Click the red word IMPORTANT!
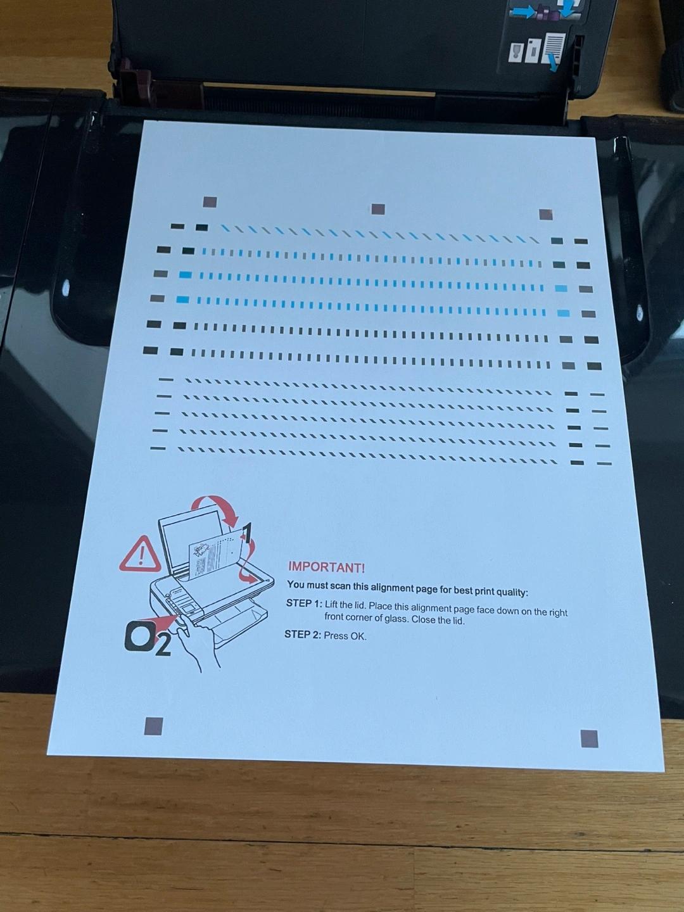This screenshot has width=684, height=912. pyautogui.click(x=326, y=567)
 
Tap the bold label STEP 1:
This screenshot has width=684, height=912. pyautogui.click(x=304, y=604)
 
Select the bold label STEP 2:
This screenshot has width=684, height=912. pyautogui.click(x=302, y=635)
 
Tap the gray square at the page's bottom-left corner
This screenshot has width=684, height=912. pyautogui.click(x=154, y=725)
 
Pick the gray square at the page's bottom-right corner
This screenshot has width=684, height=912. pyautogui.click(x=589, y=738)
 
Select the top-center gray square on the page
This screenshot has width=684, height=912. pyautogui.click(x=378, y=209)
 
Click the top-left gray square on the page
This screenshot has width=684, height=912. pyautogui.click(x=210, y=202)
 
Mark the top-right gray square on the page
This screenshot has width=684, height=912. pyautogui.click(x=546, y=215)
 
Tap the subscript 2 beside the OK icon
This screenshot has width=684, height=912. pyautogui.click(x=163, y=647)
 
